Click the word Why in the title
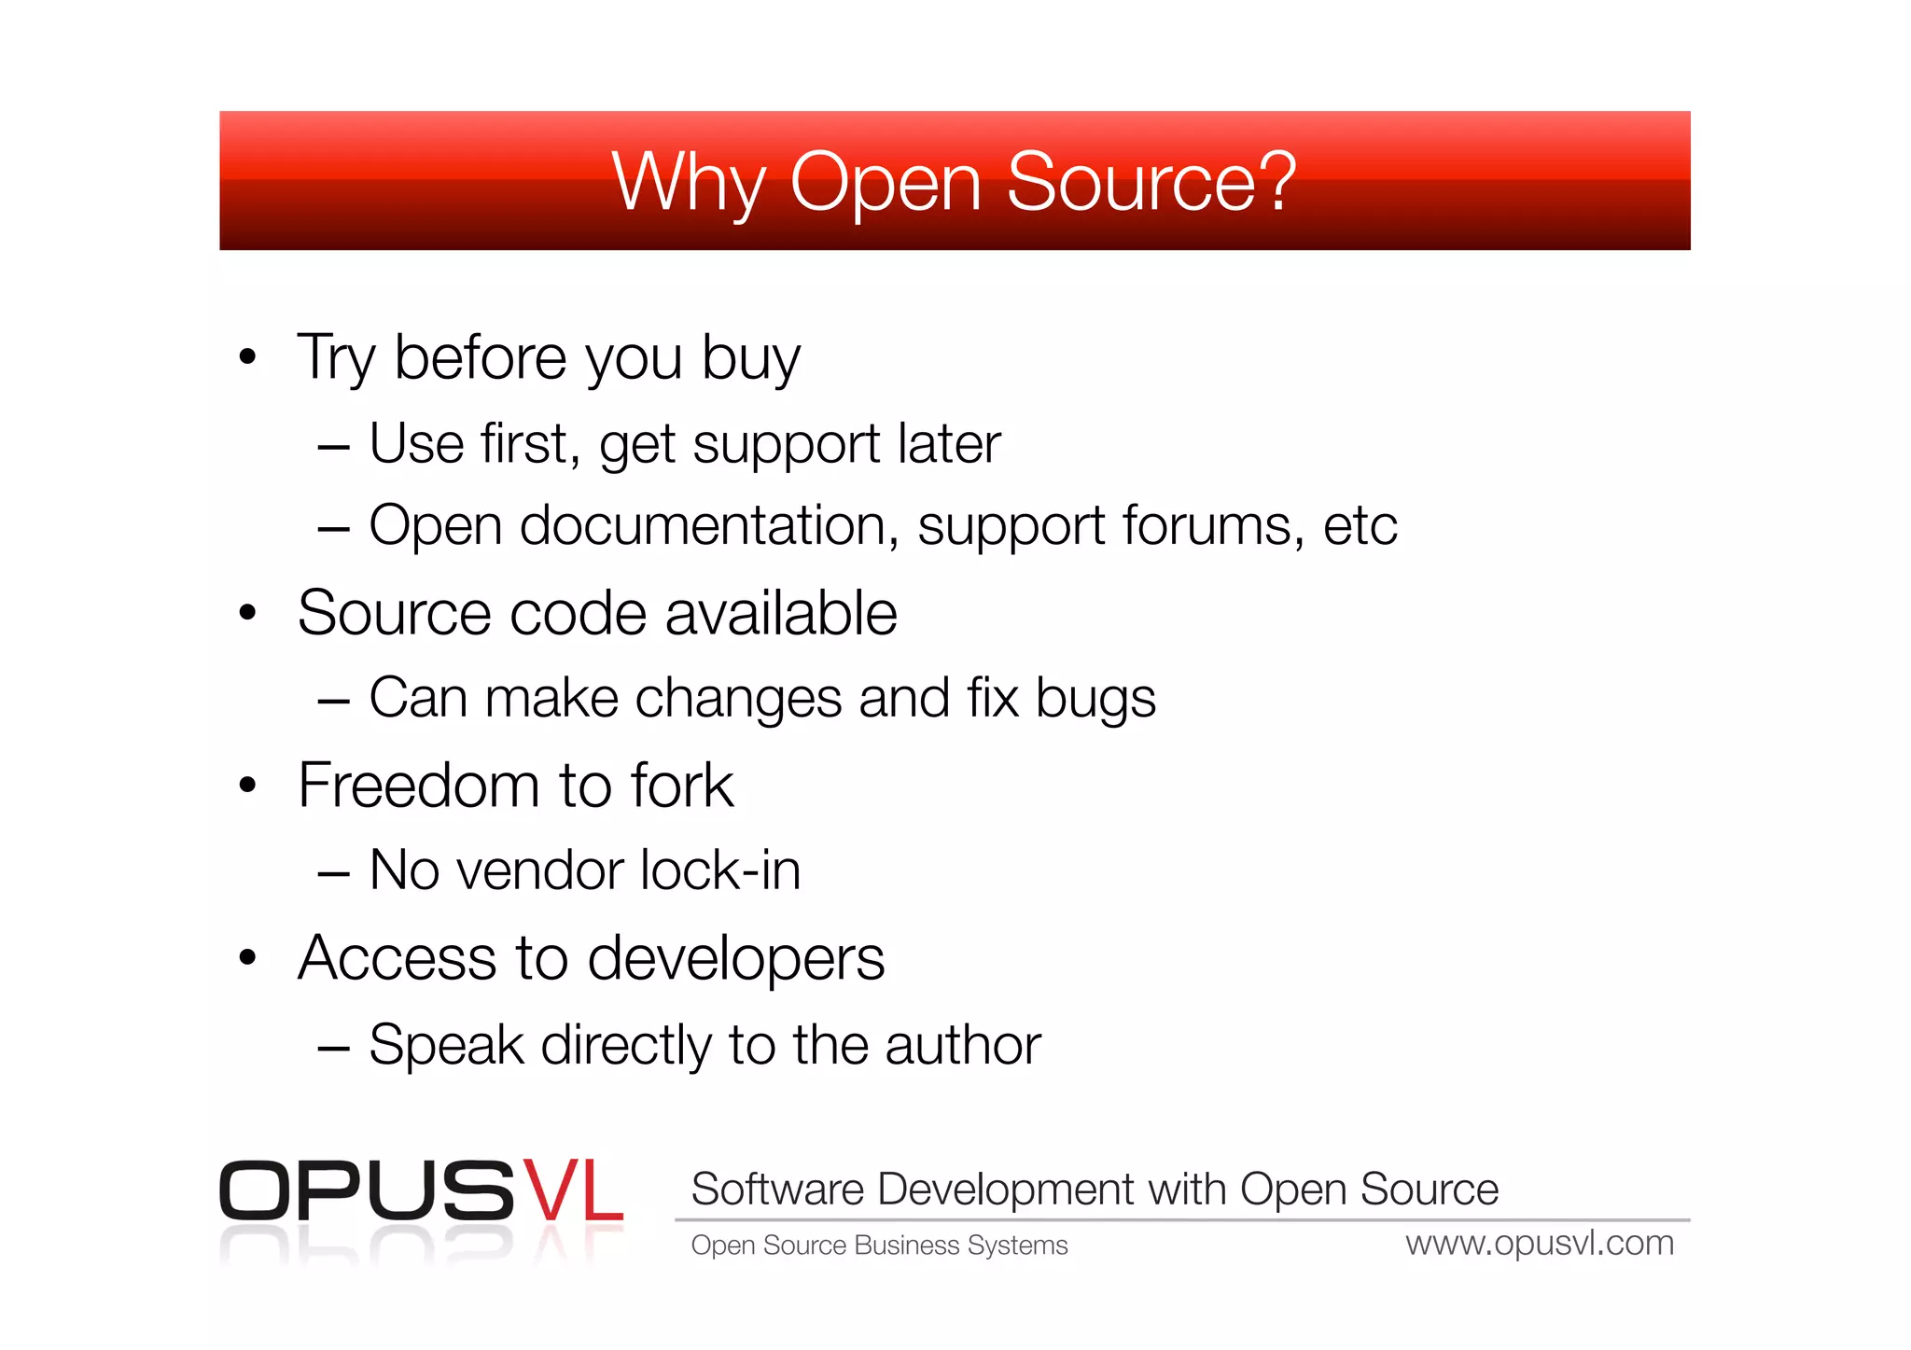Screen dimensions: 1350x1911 tap(688, 183)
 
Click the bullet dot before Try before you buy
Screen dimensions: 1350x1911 tap(247, 356)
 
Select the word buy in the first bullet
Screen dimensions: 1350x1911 tap(750, 358)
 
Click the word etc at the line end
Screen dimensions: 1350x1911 tap(1360, 525)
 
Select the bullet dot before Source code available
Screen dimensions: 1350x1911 tap(247, 613)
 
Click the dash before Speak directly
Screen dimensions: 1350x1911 tap(333, 1048)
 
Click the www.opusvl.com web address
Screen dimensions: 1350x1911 tap(1540, 1244)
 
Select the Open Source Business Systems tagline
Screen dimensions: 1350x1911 tap(879, 1246)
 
